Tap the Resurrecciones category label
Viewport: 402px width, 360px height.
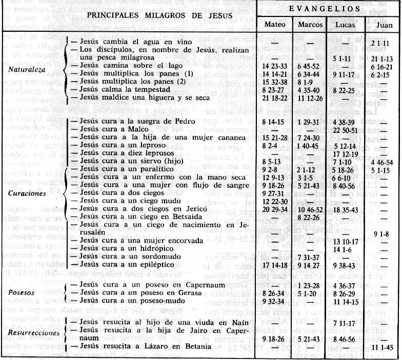(x=31, y=332)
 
